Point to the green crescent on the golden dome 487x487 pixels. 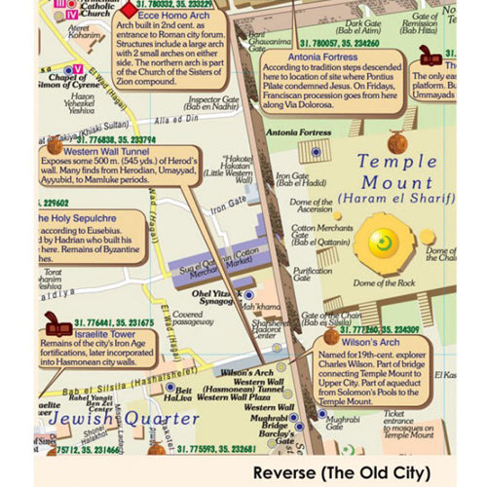point(383,241)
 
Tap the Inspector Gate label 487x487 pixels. point(213,103)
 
